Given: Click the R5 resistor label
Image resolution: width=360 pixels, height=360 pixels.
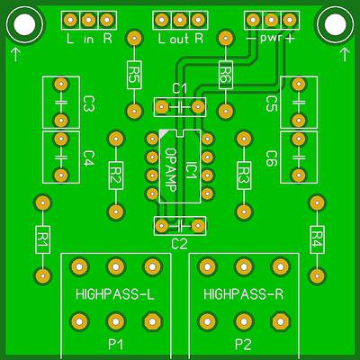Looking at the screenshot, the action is [x=134, y=75].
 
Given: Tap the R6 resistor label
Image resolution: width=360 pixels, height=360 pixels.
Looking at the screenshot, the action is [x=226, y=75].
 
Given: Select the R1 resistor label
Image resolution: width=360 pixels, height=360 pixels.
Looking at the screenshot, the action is [x=42, y=240].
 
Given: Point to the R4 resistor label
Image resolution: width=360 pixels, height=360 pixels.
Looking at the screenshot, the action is [x=317, y=240].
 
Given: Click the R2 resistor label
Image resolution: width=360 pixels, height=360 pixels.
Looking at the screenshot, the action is [x=116, y=175].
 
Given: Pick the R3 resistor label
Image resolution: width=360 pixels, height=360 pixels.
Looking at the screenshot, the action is [x=244, y=175].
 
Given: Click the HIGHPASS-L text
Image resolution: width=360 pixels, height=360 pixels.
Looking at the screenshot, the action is [x=115, y=294].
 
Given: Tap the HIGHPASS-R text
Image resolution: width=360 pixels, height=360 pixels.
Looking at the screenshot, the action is [x=243, y=294].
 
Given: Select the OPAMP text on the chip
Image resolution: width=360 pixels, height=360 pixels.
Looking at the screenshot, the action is [x=171, y=170].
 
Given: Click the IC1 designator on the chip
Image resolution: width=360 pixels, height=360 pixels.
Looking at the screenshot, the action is [x=191, y=166].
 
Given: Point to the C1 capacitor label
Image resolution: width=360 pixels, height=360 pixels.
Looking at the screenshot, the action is [x=180, y=89].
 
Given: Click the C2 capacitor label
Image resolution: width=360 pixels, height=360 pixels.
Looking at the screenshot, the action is [x=179, y=244].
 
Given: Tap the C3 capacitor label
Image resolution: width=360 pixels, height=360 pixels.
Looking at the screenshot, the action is [x=88, y=103].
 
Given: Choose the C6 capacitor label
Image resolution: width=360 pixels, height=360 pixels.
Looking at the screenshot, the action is [x=272, y=158].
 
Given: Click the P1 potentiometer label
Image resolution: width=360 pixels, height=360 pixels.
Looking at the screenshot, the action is [x=115, y=345].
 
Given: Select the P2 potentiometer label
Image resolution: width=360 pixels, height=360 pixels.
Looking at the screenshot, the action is [x=243, y=345].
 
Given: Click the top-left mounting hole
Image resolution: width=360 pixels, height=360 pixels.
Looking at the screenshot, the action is [x=25, y=25].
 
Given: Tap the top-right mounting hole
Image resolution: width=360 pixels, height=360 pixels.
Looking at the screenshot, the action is [x=335, y=25].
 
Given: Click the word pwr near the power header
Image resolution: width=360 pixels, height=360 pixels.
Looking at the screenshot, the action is [x=272, y=39].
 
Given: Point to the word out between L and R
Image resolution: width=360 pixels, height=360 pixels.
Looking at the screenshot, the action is [x=180, y=39].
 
